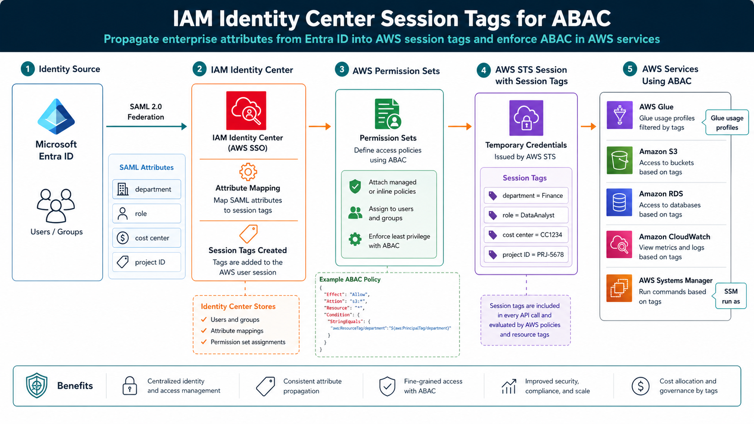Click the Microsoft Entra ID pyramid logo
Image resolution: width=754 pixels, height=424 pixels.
tap(56, 116)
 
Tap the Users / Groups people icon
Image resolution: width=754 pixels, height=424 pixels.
tap(56, 205)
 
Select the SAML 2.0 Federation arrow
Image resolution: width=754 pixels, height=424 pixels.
tap(146, 127)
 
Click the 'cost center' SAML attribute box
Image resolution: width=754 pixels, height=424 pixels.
tap(147, 238)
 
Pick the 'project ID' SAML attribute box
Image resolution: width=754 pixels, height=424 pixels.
tap(147, 262)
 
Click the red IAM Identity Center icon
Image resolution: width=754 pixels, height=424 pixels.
tap(246, 111)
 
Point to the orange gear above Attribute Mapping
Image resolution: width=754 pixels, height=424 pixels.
tap(248, 172)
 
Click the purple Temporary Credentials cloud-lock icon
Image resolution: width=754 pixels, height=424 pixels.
tap(526, 118)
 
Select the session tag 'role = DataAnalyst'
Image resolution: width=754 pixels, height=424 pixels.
tap(526, 215)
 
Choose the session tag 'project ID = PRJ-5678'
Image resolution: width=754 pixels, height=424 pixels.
tap(526, 255)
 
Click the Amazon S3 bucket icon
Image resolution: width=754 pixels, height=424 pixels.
tap(619, 160)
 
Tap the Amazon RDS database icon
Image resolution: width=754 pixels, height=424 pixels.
tap(619, 203)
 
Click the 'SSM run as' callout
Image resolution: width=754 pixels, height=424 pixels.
tap(731, 296)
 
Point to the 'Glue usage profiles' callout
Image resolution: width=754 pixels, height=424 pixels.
tap(726, 123)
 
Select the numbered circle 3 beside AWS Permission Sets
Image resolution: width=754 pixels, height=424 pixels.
tap(342, 69)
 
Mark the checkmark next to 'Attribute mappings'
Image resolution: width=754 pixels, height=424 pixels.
tap(204, 331)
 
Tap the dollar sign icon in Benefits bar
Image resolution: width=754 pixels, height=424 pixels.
tap(640, 386)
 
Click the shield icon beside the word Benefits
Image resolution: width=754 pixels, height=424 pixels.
tap(37, 386)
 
